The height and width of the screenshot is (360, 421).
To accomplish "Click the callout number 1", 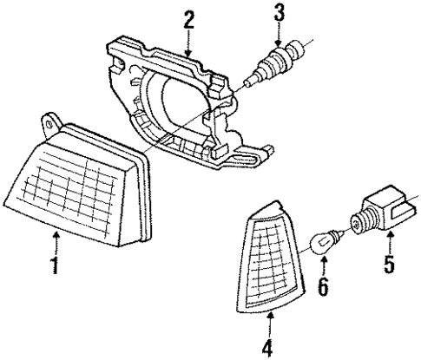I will pos(54,265).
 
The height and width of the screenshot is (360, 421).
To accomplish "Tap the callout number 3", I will pos(279,13).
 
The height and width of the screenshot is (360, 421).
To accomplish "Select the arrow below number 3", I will pos(279,35).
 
